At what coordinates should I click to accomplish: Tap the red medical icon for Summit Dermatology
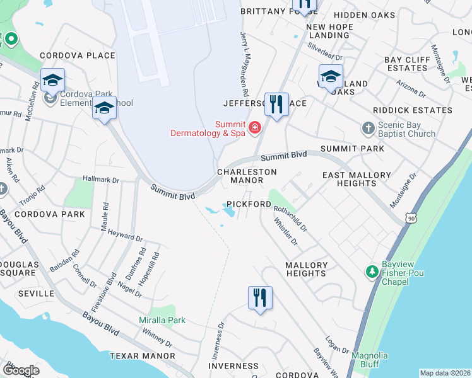point(254,129)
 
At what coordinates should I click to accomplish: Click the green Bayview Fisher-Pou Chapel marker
point(372,272)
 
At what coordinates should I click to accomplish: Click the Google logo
point(21,370)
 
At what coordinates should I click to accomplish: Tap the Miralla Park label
point(162,320)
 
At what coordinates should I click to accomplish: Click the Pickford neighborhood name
point(249,205)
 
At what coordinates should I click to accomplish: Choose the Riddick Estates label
point(413,110)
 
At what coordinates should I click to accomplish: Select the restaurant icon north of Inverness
point(260,297)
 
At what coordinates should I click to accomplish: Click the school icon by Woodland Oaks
point(330,76)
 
